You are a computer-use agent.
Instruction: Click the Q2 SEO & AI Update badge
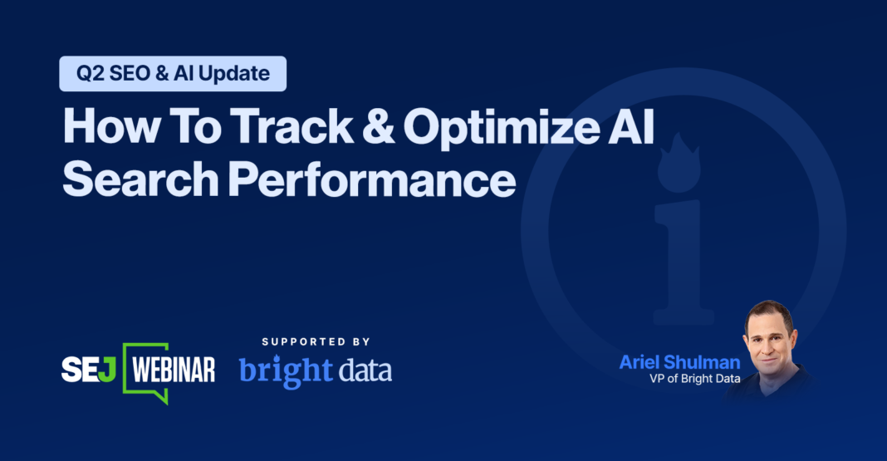point(173,73)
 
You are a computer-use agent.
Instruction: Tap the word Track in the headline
point(283,128)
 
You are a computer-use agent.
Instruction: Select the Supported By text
point(316,341)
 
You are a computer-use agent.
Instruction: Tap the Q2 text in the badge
point(89,73)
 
